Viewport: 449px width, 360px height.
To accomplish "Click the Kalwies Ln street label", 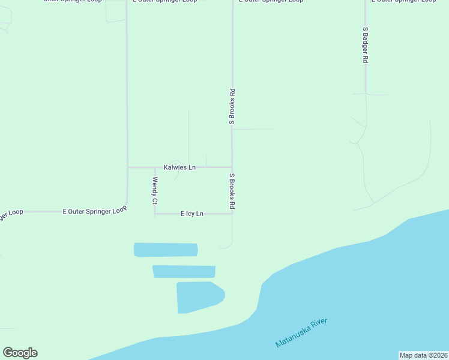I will [179, 167].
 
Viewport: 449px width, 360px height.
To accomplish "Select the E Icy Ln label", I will [192, 214].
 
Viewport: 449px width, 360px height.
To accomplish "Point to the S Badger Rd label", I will [365, 45].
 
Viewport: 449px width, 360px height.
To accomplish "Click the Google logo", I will [20, 353].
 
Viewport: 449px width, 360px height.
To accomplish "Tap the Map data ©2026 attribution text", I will [423, 355].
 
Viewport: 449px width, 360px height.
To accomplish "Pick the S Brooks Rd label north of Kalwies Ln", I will [232, 107].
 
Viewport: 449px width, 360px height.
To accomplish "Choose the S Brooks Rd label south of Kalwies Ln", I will [232, 191].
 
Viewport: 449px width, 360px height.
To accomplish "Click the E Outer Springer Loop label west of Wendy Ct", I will [95, 211].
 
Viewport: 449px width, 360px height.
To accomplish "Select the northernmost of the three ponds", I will [166, 250].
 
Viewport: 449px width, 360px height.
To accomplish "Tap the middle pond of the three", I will [184, 271].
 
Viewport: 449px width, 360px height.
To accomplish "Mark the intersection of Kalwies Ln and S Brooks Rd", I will [232, 167].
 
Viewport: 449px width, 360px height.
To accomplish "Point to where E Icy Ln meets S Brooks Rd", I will [232, 214].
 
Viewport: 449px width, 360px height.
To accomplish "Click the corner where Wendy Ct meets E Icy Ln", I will [155, 214].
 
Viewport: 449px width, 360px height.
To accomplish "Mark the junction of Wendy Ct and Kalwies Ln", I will [155, 167].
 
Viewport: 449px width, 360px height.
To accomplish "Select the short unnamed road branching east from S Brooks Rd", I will [253, 128].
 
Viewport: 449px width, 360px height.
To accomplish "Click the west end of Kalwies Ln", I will [128, 167].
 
